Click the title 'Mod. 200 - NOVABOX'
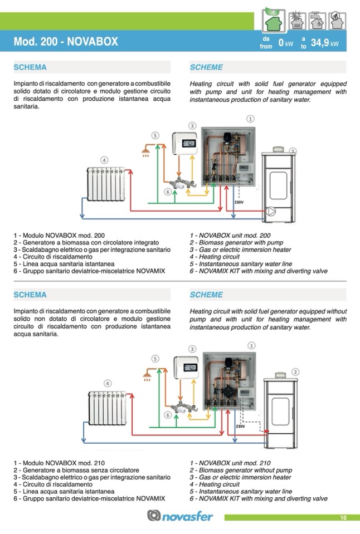click(66, 42)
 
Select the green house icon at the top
click(275, 20)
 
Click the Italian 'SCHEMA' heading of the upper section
click(30, 67)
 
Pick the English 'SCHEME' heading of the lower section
click(206, 295)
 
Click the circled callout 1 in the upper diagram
click(251, 119)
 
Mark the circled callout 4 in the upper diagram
click(104, 160)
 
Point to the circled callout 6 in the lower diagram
click(167, 415)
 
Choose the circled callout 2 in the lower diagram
click(295, 371)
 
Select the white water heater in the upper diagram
click(185, 145)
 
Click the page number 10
click(343, 518)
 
